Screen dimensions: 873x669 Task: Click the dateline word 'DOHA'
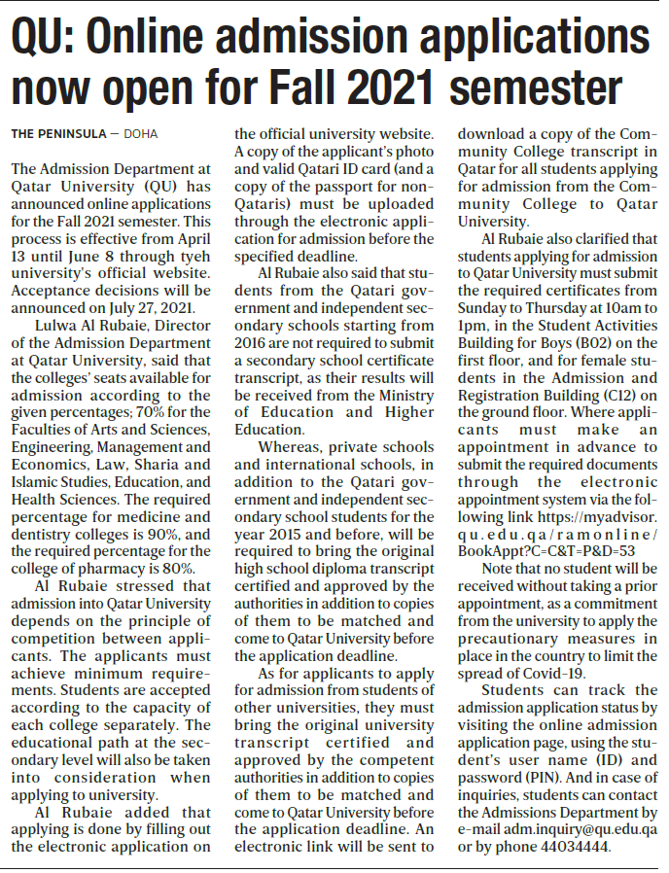point(139,133)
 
